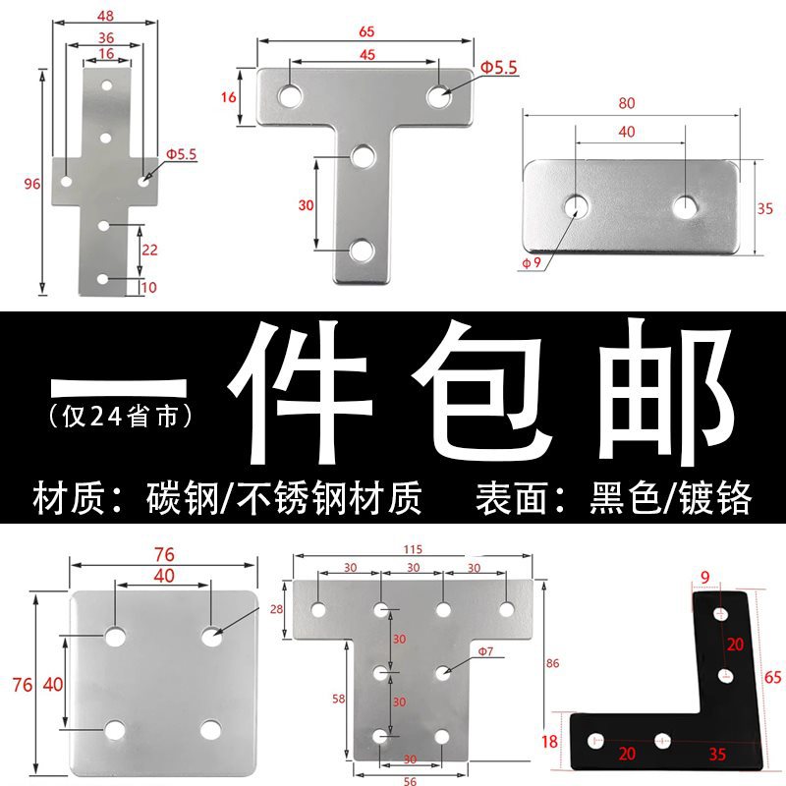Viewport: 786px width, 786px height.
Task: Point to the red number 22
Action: click(x=148, y=250)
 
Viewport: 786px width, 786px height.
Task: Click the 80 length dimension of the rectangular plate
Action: click(x=626, y=101)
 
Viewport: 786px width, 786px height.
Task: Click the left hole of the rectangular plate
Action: click(x=575, y=206)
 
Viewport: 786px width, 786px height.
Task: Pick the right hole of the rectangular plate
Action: click(x=685, y=206)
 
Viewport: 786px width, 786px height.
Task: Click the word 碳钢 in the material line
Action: click(x=172, y=499)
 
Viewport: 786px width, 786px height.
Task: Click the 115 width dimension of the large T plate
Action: click(x=412, y=547)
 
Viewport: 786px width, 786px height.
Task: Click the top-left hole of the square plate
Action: click(x=116, y=637)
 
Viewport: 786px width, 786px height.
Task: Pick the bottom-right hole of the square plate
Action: click(x=209, y=729)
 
